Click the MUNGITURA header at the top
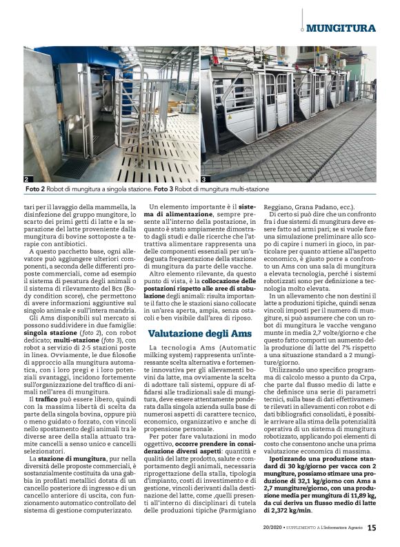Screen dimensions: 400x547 coord(341,28)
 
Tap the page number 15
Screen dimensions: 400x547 coord(372,528)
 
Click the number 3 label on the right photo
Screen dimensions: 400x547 coord(205,178)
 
